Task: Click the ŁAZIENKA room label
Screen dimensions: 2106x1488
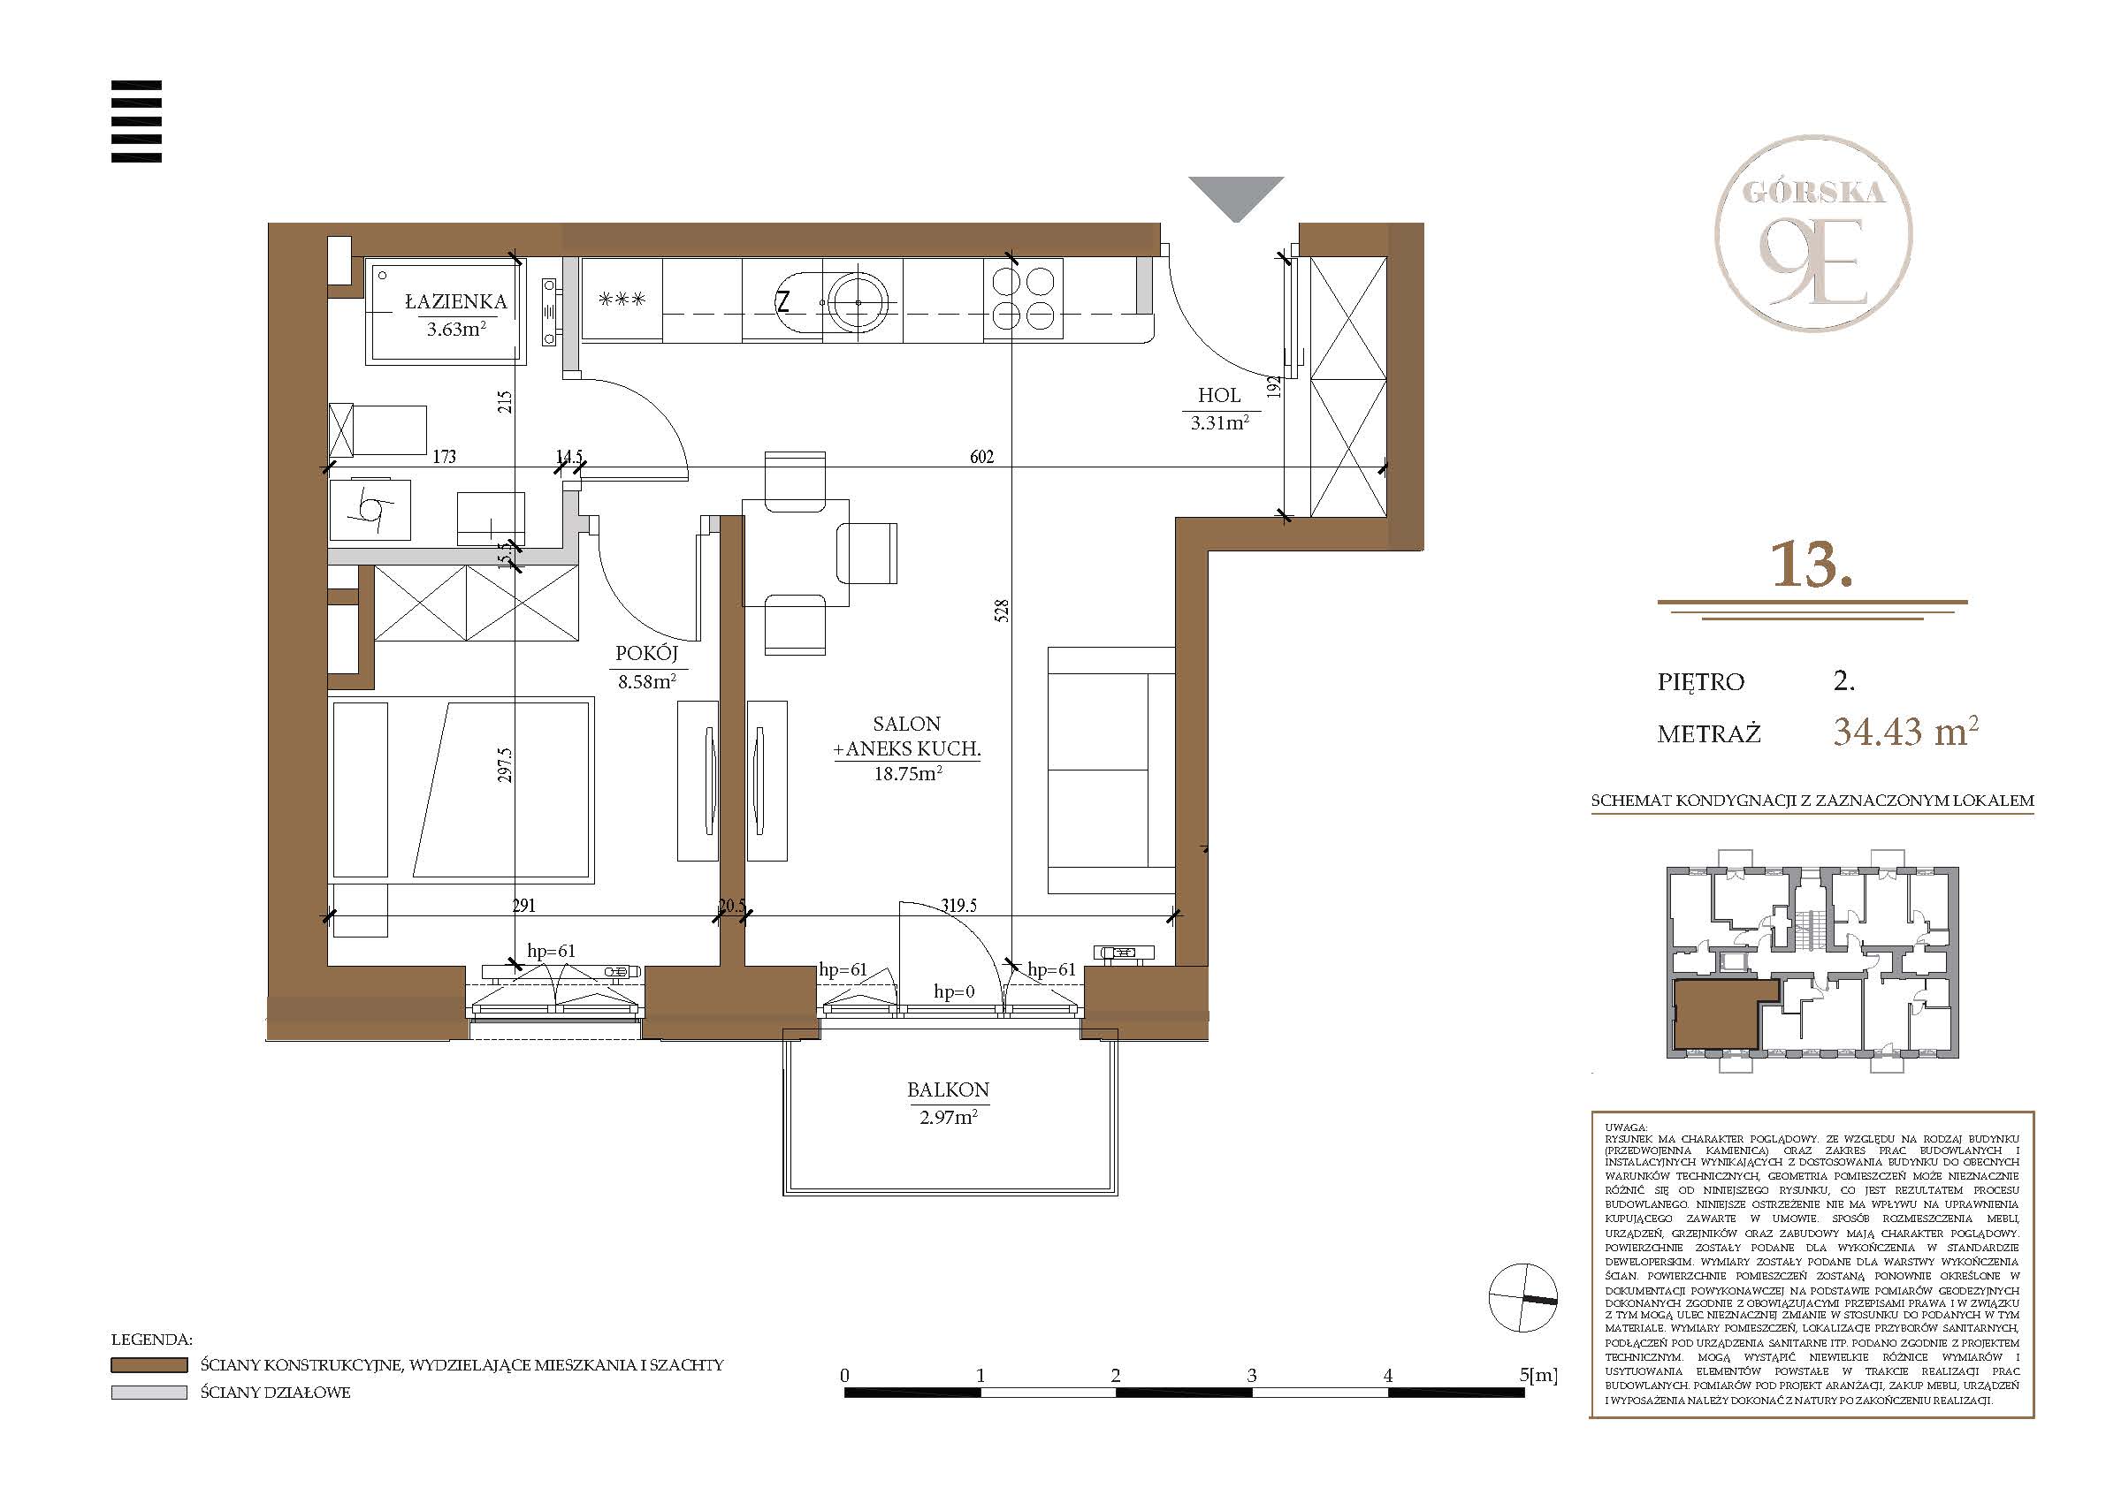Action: tap(456, 301)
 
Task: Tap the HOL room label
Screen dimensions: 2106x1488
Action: tap(1219, 395)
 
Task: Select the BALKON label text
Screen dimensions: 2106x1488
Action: tap(949, 1090)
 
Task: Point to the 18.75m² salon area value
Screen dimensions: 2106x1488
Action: tap(907, 773)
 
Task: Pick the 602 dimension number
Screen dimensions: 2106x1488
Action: tap(981, 457)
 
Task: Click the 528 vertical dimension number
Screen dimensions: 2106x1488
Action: tap(1002, 611)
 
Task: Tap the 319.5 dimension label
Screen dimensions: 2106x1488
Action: tap(958, 906)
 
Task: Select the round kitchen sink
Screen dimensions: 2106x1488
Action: tap(858, 300)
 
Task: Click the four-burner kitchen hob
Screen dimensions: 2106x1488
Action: tap(1024, 299)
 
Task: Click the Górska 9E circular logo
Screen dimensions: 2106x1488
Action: tap(1813, 233)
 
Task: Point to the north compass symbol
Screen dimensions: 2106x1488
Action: tap(1522, 1297)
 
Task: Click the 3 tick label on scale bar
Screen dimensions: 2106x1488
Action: tap(1252, 1375)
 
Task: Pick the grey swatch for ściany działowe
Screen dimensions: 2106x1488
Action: tap(149, 1393)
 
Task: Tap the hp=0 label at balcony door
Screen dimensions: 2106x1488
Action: tap(954, 991)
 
